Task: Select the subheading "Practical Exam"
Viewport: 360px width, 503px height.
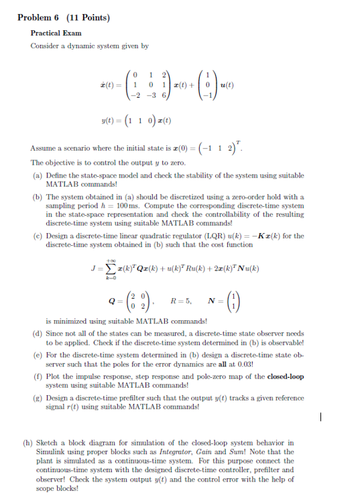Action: click(56, 32)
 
